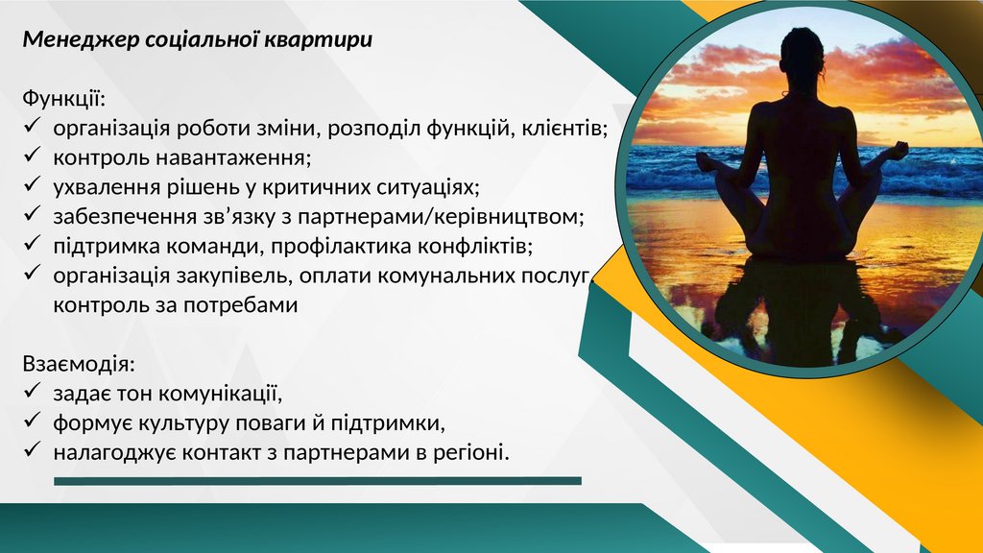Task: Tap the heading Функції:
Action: coord(64,99)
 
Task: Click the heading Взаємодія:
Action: coord(79,364)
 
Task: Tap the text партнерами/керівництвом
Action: coord(441,216)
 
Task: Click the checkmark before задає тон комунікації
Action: coord(32,391)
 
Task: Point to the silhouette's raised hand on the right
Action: coord(899,151)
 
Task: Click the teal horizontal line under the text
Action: coord(318,481)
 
